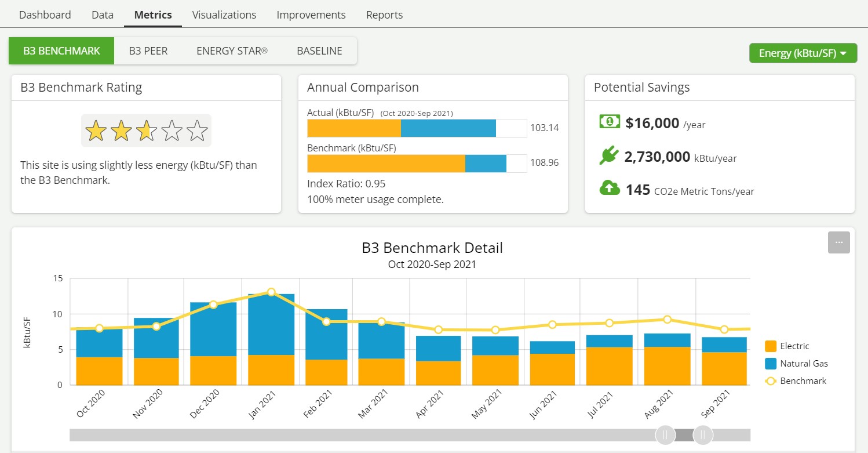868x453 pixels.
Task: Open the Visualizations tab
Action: point(224,15)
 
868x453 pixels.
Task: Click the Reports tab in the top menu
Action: point(384,15)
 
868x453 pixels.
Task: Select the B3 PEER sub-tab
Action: point(148,51)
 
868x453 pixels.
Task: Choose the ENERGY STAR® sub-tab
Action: point(232,51)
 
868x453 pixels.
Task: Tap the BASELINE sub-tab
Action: point(319,51)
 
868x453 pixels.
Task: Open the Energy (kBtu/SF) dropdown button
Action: point(803,53)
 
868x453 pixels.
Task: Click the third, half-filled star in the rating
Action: point(146,131)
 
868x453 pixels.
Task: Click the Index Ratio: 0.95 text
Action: point(346,184)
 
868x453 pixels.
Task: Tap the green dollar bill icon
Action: point(609,121)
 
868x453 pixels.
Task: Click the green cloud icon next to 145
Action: point(609,188)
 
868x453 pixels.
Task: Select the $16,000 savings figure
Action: point(652,123)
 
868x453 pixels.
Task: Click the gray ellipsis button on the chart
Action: point(838,242)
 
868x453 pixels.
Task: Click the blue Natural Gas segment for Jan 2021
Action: point(271,325)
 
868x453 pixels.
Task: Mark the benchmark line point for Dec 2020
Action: point(213,305)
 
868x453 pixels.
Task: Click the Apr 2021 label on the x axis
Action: point(430,404)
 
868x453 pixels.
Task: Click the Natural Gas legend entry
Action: point(803,364)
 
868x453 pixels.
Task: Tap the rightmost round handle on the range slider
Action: point(703,434)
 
